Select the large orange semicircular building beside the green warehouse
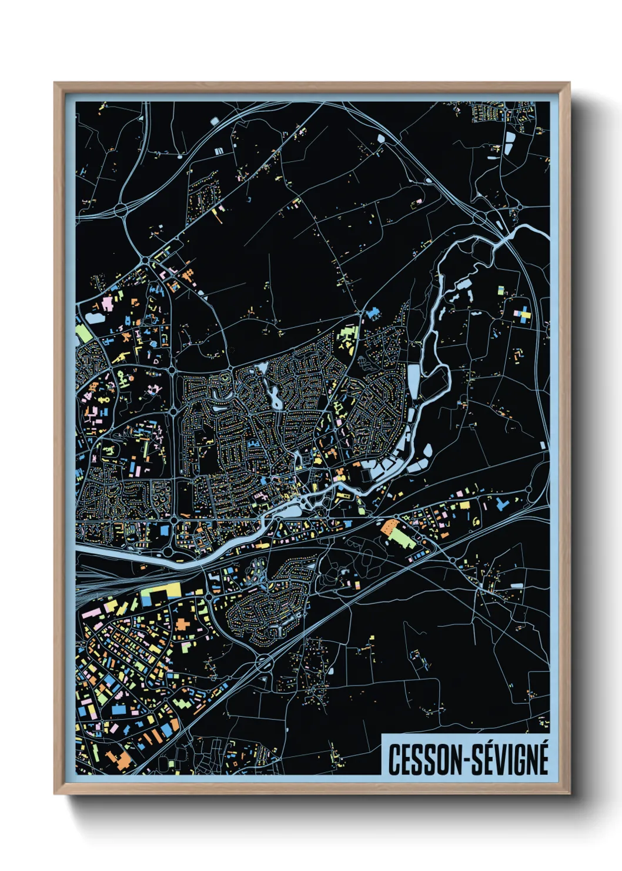(389, 527)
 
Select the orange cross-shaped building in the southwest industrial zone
(182, 624)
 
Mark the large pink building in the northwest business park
(108, 304)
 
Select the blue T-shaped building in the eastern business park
(501, 504)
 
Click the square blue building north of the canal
(164, 531)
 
